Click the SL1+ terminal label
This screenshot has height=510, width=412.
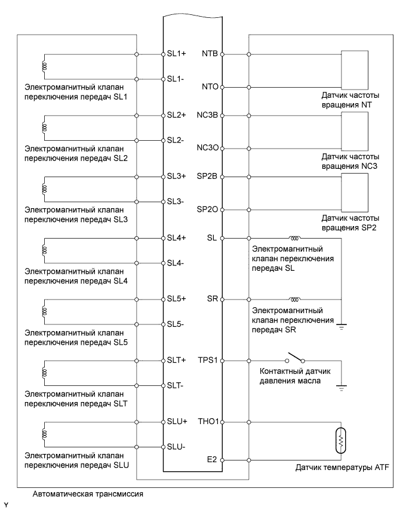coord(177,54)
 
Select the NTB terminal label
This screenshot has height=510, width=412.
coord(210,54)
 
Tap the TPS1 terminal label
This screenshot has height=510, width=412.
coord(208,361)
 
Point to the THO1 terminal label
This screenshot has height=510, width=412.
coord(208,422)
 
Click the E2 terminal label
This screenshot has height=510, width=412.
coord(214,460)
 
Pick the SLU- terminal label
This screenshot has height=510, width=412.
coord(177,447)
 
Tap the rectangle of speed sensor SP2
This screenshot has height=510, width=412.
coord(355,193)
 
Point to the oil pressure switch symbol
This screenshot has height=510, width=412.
coord(294,359)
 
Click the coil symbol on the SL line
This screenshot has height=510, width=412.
coord(294,237)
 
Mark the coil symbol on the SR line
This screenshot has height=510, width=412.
coord(294,298)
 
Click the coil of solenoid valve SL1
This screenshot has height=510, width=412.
coord(43,66)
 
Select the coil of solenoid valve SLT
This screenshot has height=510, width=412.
coord(43,372)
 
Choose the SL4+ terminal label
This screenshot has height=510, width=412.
coord(177,237)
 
